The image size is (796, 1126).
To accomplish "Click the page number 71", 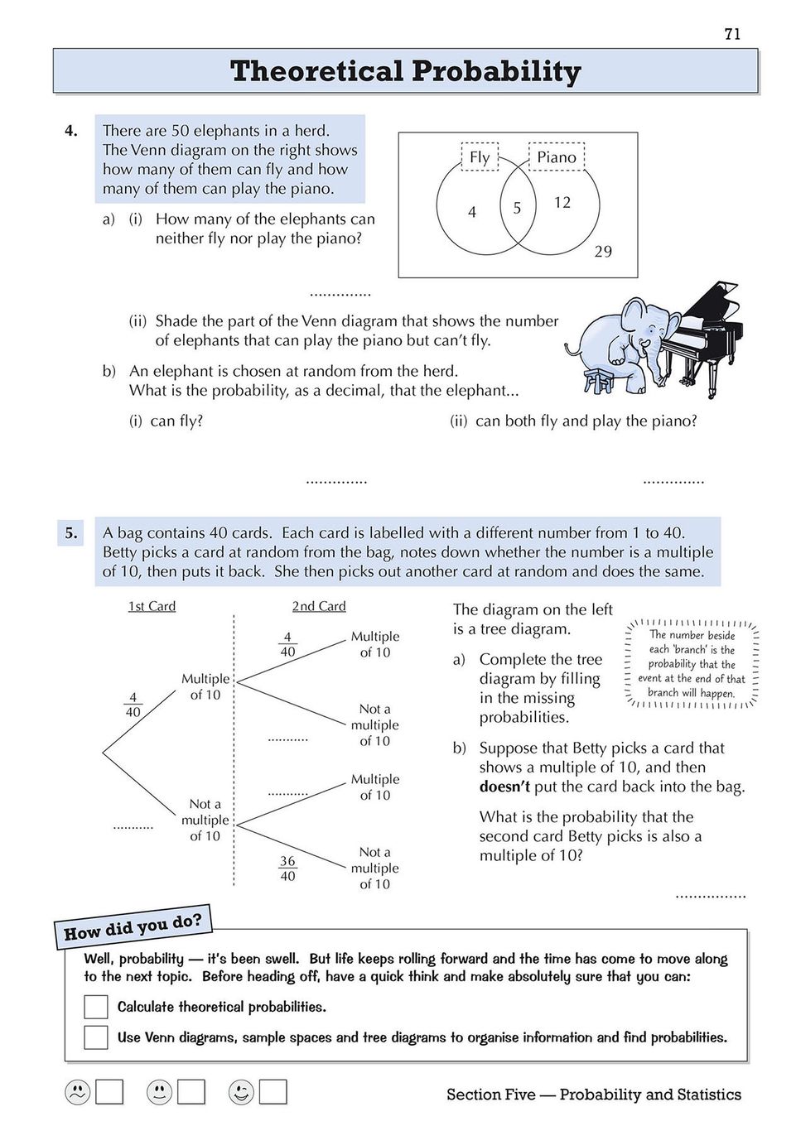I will click(x=732, y=34).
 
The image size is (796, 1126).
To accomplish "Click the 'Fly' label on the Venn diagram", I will click(x=480, y=156).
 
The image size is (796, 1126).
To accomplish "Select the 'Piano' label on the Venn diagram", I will click(x=557, y=156).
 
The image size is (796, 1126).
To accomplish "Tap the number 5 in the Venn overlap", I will click(x=517, y=208).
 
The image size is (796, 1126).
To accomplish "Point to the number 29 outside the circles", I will click(x=603, y=252).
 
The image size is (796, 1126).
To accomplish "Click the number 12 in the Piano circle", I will click(x=562, y=202).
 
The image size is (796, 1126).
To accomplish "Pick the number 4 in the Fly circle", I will click(x=472, y=212).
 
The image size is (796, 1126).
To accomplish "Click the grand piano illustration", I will click(x=704, y=331).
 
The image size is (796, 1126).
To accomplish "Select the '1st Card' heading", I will click(x=152, y=606).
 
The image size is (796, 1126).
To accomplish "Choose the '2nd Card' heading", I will click(x=319, y=606).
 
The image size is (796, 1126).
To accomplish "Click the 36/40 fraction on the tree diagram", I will click(x=287, y=869).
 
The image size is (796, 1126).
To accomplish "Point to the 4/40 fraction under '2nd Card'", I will click(x=287, y=644).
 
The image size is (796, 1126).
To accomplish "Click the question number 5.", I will click(x=71, y=533).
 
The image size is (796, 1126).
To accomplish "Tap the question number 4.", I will click(x=71, y=130).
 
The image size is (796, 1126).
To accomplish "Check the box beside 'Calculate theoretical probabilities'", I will click(x=96, y=1007).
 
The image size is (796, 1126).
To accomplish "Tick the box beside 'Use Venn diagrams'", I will click(x=96, y=1037).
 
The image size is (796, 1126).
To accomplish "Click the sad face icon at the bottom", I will click(x=77, y=1093).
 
